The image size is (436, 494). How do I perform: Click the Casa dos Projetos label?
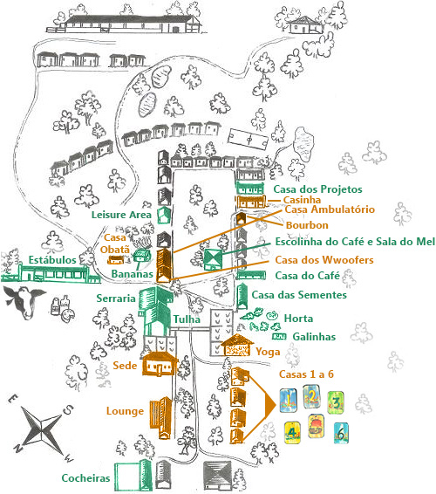[317, 189]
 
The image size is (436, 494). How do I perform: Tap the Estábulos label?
[52, 260]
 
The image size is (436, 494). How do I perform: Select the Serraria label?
[116, 298]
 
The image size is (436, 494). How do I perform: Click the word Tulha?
[187, 319]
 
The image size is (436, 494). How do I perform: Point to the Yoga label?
[268, 353]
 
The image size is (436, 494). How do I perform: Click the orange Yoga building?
[237, 345]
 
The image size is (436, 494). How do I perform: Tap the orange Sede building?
[160, 364]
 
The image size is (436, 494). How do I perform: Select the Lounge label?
[125, 411]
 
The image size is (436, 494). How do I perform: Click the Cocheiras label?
[85, 478]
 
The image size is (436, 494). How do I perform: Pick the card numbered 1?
[288, 401]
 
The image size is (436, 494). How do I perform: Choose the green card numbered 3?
[336, 403]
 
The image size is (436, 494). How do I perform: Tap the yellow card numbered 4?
[292, 433]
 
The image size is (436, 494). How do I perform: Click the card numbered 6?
[341, 433]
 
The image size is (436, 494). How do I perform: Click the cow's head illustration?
[24, 301]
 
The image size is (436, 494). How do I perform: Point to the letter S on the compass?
[68, 409]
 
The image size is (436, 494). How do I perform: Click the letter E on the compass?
[13, 399]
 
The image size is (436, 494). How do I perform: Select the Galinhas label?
[314, 337]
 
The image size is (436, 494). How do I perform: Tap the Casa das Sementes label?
[299, 295]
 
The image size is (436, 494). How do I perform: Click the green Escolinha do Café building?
[213, 259]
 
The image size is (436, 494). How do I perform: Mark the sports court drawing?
[249, 139]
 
